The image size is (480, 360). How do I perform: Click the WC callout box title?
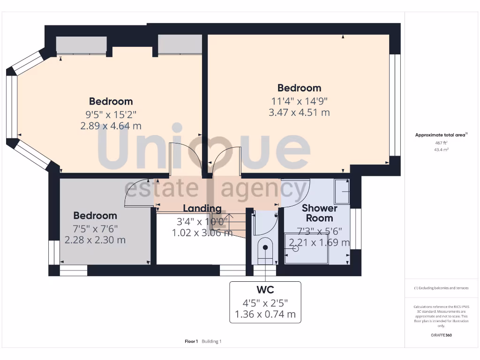pos(265,289)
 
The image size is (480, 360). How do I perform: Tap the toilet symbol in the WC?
pos(265,250)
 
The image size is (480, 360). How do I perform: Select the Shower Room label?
pos(320,213)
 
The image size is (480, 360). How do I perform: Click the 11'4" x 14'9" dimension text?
pos(299,100)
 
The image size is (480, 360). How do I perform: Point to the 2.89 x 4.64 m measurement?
pos(111,126)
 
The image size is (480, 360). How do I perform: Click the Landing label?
pos(202,209)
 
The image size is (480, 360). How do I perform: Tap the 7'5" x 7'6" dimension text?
pos(95,228)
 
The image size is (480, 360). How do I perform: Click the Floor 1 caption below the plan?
pos(191,341)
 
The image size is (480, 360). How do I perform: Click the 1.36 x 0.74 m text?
pos(265,314)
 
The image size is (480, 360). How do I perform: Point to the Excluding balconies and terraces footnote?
pos(441,288)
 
